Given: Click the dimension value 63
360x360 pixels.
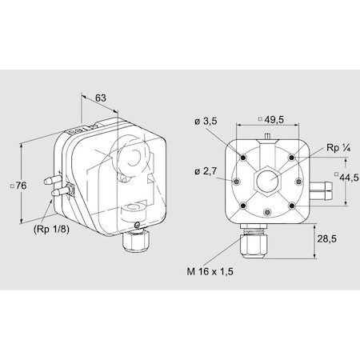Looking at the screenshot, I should coord(101,98).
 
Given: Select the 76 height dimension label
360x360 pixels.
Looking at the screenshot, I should coord(22,186).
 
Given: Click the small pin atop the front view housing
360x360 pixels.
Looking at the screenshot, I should coord(266,136).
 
